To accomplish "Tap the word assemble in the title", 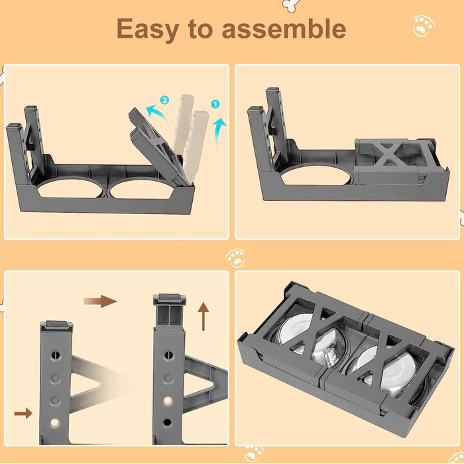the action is point(284,28).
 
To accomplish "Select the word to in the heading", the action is point(200,29).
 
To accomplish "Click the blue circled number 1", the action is point(215,104).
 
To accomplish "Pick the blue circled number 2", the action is point(164,100).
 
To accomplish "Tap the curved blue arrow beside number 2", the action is point(156,113).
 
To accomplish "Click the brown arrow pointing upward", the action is point(203,316).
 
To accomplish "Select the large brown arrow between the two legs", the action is point(100,301).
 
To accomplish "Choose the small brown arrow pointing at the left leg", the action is point(23,413).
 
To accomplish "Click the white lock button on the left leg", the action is point(55,423).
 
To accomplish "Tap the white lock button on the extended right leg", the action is point(168,400).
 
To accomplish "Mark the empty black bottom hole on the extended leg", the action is point(167,422).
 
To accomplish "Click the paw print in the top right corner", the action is point(424,26).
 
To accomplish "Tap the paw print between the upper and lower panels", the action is point(235,258).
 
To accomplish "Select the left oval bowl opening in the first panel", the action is point(70,188).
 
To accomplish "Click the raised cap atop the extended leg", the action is point(169,299).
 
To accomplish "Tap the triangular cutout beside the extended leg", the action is point(198,384).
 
